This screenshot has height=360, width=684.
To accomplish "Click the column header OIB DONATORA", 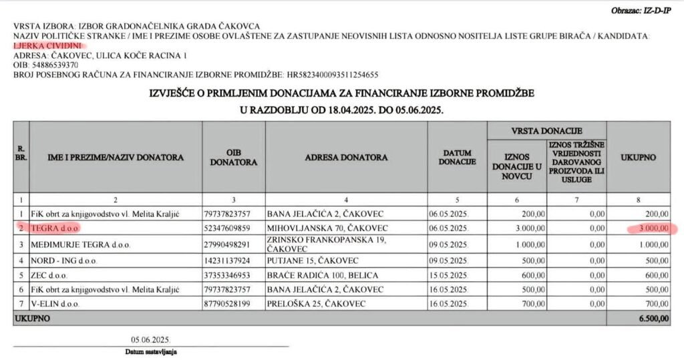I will coord(232,158).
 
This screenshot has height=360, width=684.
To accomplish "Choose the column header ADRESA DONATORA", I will coord(346,158).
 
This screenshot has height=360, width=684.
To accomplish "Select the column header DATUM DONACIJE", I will coord(458,158).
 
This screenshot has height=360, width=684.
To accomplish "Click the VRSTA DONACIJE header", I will coord(547,130).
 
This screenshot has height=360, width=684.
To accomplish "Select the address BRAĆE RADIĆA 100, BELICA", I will coord(324,275).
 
